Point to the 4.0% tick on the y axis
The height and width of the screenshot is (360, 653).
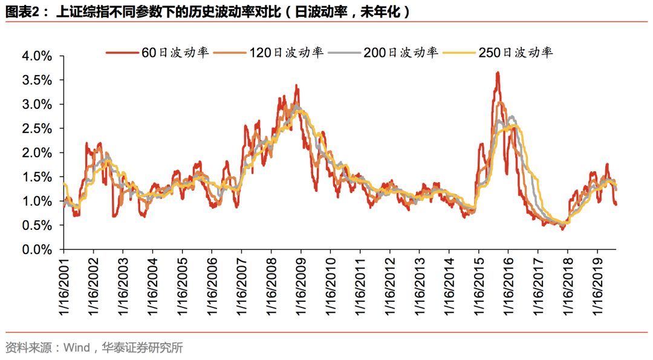pos(37,56)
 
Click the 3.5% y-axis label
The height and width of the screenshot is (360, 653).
pos(37,80)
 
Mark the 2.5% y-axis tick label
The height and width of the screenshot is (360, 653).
pos(37,129)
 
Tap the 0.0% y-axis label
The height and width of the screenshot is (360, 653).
pos(37,249)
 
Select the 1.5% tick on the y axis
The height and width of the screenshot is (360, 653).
pos(37,177)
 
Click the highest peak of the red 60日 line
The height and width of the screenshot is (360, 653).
pos(497,73)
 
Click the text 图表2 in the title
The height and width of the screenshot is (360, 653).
pos(22,12)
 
